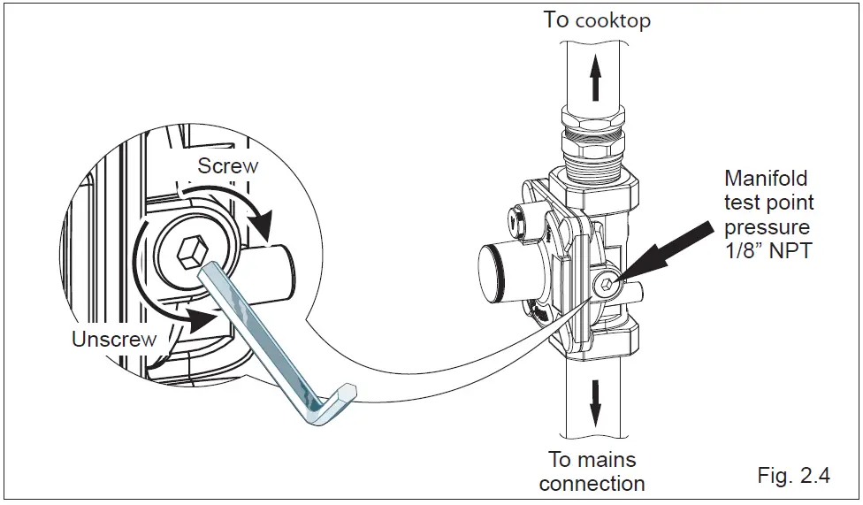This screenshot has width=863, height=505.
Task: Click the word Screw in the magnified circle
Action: [x=227, y=165]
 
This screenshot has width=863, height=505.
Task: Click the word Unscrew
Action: [x=114, y=339]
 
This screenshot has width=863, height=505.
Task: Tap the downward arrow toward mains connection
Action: [x=595, y=402]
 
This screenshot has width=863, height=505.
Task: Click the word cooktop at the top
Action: [x=612, y=20]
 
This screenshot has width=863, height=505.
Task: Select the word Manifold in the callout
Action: [x=766, y=179]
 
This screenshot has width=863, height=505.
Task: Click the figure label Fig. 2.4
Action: [x=793, y=476]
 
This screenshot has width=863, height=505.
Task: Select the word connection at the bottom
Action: [x=592, y=484]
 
